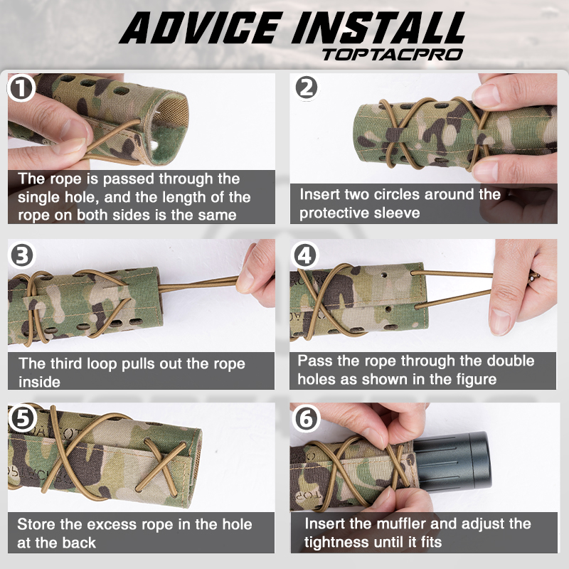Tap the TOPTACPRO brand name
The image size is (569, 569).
click(x=393, y=54)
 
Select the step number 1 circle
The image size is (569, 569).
click(x=21, y=89)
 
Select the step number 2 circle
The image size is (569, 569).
click(x=305, y=87)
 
